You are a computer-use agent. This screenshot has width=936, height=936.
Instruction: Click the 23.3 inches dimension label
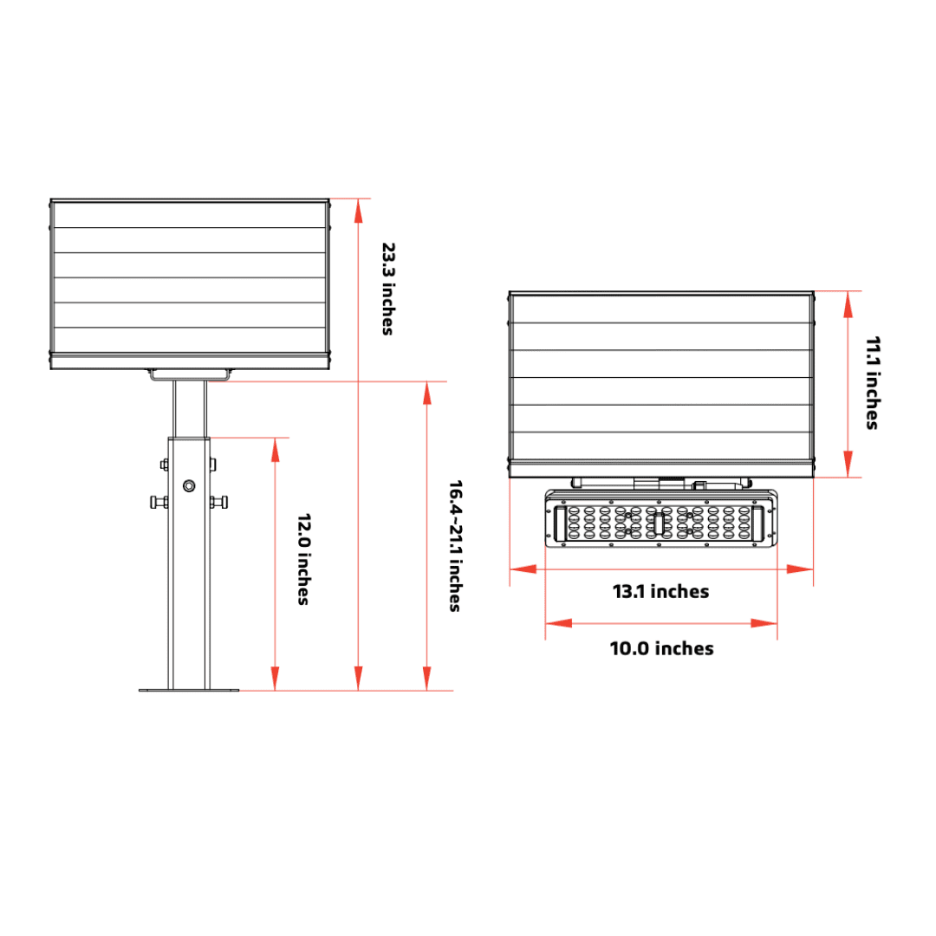click(x=388, y=289)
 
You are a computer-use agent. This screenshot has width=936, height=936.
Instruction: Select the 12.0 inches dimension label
click(x=304, y=559)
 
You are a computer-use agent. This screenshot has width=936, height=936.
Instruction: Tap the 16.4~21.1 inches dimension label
click(x=456, y=546)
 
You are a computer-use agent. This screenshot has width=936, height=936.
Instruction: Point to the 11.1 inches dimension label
click(x=873, y=383)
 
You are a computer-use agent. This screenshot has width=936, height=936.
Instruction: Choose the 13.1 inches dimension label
click(x=660, y=592)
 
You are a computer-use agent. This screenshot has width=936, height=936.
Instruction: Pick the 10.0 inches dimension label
click(x=661, y=648)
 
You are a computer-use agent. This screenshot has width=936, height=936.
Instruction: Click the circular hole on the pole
click(x=189, y=486)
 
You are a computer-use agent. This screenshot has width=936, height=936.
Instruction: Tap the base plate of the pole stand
click(x=189, y=690)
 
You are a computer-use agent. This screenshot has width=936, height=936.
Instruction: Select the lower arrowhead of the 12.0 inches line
click(x=276, y=678)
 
